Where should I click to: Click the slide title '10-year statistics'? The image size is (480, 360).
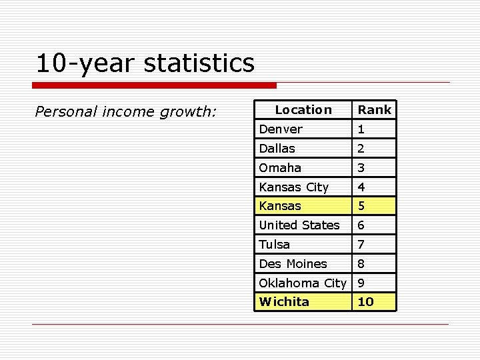click(x=145, y=63)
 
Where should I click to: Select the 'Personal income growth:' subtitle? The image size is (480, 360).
click(x=125, y=111)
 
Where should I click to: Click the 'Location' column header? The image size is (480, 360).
click(x=303, y=109)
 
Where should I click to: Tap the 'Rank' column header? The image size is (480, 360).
click(x=374, y=109)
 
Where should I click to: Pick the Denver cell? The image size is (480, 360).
click(x=281, y=129)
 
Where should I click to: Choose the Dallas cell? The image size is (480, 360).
click(x=277, y=149)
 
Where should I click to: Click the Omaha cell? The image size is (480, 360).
click(x=280, y=168)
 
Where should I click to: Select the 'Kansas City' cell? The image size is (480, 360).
click(x=294, y=187)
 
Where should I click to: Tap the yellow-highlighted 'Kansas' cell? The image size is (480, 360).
click(x=280, y=206)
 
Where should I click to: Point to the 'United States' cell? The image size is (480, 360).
click(x=299, y=225)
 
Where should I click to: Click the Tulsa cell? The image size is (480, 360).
click(x=275, y=245)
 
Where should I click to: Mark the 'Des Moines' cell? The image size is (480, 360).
click(x=293, y=264)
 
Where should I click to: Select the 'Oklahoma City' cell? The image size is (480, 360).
click(x=303, y=283)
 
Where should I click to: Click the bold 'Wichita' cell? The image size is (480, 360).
click(x=285, y=302)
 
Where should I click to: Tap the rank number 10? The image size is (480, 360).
click(x=366, y=302)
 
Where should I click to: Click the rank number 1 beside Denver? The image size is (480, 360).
click(x=361, y=129)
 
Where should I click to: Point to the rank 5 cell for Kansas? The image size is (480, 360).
click(x=361, y=206)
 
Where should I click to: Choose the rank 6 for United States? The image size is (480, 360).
click(x=361, y=225)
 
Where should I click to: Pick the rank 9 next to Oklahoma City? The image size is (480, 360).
click(x=361, y=283)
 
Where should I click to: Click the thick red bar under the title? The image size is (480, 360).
click(x=154, y=85)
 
